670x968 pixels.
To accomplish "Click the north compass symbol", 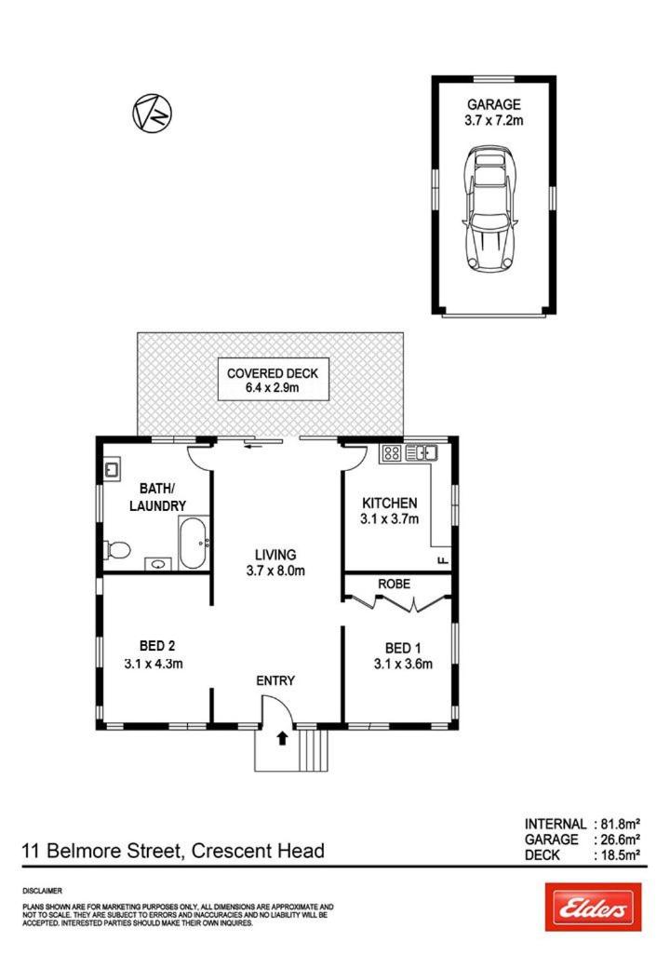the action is point(153,113).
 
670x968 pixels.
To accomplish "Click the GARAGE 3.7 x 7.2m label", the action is point(493,113).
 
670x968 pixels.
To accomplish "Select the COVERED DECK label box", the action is point(274,380).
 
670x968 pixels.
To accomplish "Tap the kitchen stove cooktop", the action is point(392,454).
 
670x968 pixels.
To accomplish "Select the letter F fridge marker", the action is point(442,560).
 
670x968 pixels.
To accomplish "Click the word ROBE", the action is point(395,584).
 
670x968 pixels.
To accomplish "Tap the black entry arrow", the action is point(283,738).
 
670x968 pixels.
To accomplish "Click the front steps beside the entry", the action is point(314,751).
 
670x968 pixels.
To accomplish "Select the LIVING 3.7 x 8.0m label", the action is point(275,562).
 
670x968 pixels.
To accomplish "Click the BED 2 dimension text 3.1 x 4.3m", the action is point(154,665).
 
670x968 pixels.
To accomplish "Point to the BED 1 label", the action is point(403,648).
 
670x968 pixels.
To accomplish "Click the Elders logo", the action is point(593,907).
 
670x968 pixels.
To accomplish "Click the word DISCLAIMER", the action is point(43,891).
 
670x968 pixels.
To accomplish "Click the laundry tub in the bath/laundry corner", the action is point(112,470).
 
